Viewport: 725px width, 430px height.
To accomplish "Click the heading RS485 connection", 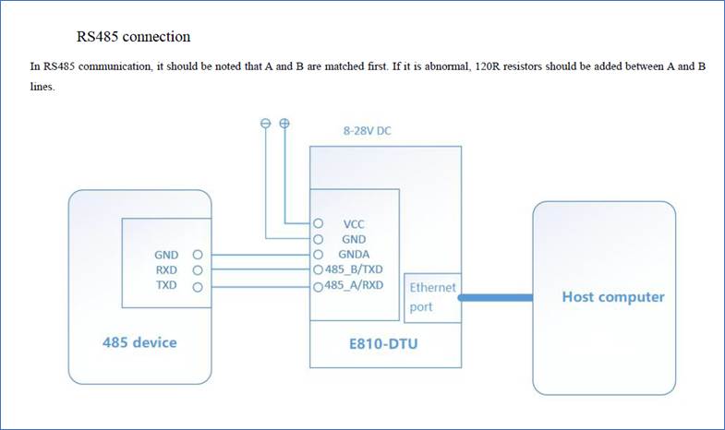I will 133,37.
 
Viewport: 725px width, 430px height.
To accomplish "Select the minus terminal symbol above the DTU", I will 266,123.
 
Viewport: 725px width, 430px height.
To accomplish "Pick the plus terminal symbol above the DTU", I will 284,123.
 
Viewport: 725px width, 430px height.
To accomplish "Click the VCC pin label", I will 354,223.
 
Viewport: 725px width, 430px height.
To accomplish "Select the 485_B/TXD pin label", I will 353,269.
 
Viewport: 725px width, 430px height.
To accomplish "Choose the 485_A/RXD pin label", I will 353,286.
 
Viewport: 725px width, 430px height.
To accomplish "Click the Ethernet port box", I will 433,297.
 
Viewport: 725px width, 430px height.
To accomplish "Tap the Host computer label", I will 613,297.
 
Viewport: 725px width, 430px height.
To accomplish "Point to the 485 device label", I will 139,342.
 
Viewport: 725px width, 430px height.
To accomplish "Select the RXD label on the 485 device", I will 167,270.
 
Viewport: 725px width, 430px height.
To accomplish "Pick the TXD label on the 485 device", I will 167,287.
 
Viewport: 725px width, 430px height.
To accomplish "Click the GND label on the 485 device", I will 167,254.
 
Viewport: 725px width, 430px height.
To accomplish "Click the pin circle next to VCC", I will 318,223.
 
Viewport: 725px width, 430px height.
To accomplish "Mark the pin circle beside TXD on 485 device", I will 197,287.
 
